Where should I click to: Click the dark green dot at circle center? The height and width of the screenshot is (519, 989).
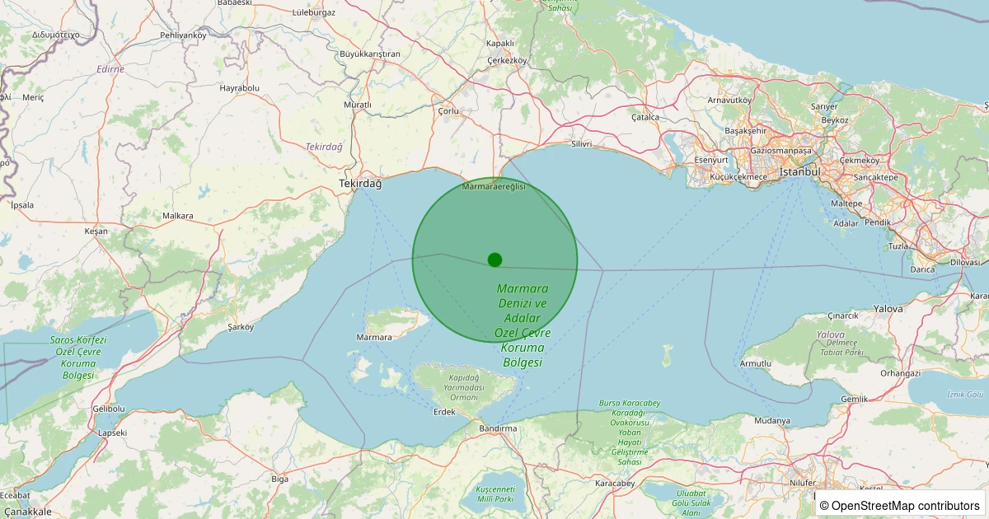[494, 259]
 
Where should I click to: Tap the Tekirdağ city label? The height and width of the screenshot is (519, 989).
[361, 184]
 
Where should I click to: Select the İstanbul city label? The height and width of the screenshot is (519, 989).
[800, 171]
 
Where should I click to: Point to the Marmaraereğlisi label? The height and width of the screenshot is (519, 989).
[494, 188]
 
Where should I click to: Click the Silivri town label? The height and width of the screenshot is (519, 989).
[582, 143]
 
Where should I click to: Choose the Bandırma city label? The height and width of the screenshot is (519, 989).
[498, 428]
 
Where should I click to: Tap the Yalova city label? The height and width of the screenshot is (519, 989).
[888, 308]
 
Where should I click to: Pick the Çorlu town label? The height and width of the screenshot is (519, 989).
[448, 110]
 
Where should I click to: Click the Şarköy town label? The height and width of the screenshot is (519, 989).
[241, 326]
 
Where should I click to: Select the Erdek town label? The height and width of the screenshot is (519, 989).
[444, 411]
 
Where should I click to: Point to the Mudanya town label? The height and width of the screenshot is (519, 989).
[771, 420]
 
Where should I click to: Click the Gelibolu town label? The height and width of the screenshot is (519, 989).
[109, 409]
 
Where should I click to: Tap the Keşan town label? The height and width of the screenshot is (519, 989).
[96, 231]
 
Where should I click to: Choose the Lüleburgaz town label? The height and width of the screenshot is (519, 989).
[314, 12]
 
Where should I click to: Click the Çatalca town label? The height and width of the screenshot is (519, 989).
[645, 117]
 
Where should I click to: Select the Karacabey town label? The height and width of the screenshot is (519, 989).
[615, 483]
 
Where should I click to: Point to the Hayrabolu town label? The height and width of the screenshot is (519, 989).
[240, 87]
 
